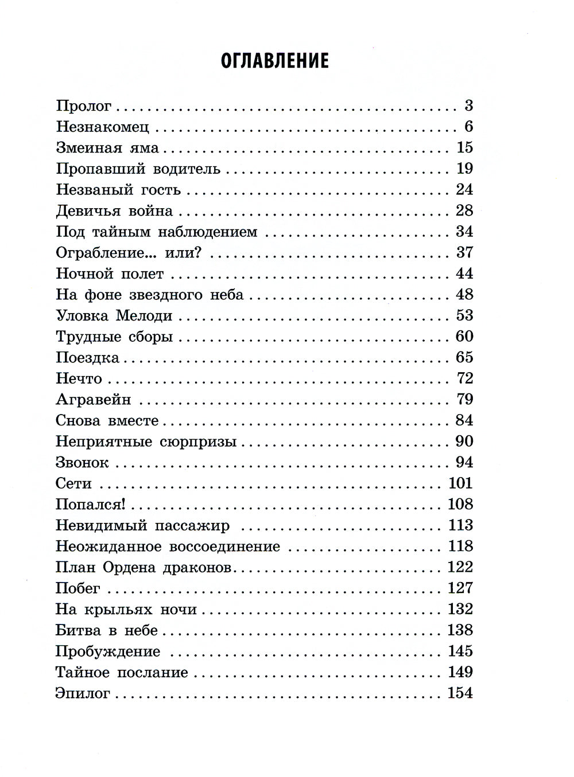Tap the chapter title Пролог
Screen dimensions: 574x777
pyautogui.click(x=84, y=106)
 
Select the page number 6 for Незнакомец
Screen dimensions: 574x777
pyautogui.click(x=468, y=127)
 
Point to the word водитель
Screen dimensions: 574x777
pyautogui.click(x=187, y=169)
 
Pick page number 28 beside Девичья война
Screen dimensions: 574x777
pyautogui.click(x=464, y=210)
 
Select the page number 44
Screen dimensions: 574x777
pyautogui.click(x=464, y=274)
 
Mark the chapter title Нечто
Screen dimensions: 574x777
pyautogui.click(x=79, y=378)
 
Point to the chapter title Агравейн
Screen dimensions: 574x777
pyautogui.click(x=94, y=399)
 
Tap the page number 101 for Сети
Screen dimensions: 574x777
pyautogui.click(x=460, y=483)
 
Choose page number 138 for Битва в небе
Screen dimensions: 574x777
pyautogui.click(x=460, y=630)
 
